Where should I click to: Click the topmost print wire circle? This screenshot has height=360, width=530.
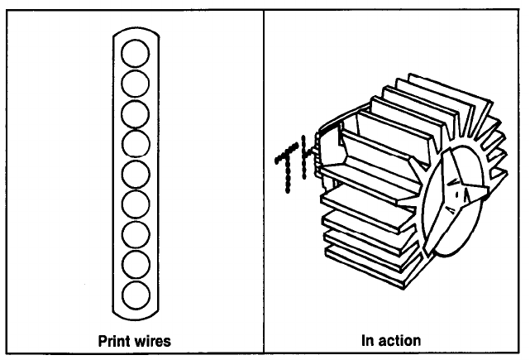click(x=135, y=55)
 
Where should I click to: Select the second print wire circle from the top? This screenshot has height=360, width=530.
click(x=135, y=84)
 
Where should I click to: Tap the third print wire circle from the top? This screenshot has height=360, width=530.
click(x=135, y=114)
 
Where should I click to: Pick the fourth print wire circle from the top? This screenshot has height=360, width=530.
click(x=135, y=144)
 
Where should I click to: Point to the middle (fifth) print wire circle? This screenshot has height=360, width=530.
click(x=135, y=174)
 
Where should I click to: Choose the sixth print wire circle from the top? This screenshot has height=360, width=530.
click(x=135, y=204)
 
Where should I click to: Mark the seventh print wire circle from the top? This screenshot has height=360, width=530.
click(x=135, y=233)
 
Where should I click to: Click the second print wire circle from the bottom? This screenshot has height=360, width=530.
click(x=135, y=263)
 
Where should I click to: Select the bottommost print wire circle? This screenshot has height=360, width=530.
click(x=135, y=293)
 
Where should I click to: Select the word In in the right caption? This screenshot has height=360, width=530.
click(x=367, y=340)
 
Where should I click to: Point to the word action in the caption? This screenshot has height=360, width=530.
click(x=402, y=340)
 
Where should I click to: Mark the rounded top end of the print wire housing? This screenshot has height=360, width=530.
click(x=135, y=34)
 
